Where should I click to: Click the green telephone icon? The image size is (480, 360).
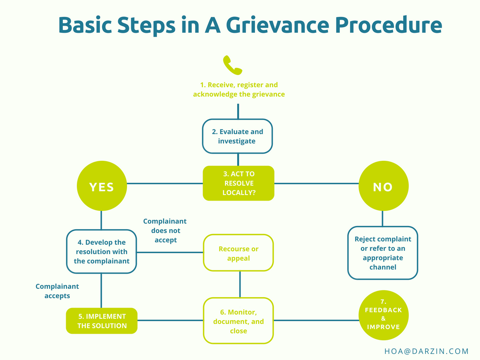click(232, 66)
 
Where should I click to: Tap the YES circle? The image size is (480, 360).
click(101, 187)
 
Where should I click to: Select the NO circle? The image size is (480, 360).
click(383, 187)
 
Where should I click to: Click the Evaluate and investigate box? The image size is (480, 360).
click(237, 136)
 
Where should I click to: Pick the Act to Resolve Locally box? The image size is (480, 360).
click(238, 183)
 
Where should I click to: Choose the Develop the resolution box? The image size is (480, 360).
click(101, 252)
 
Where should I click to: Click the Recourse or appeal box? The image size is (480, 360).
click(238, 253)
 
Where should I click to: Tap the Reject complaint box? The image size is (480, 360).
click(382, 253)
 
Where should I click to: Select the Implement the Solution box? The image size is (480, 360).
click(102, 321)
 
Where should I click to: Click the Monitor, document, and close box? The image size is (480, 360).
click(238, 321)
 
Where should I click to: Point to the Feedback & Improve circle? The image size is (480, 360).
click(383, 315)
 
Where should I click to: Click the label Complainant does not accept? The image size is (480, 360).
click(165, 231)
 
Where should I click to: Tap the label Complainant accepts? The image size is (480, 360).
click(57, 291)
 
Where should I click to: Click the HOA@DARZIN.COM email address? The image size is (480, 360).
click(426, 351)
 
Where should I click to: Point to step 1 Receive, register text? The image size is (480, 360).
click(239, 90)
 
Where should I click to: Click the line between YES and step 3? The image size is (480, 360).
click(164, 183)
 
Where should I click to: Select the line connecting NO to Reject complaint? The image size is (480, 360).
click(382, 218)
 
